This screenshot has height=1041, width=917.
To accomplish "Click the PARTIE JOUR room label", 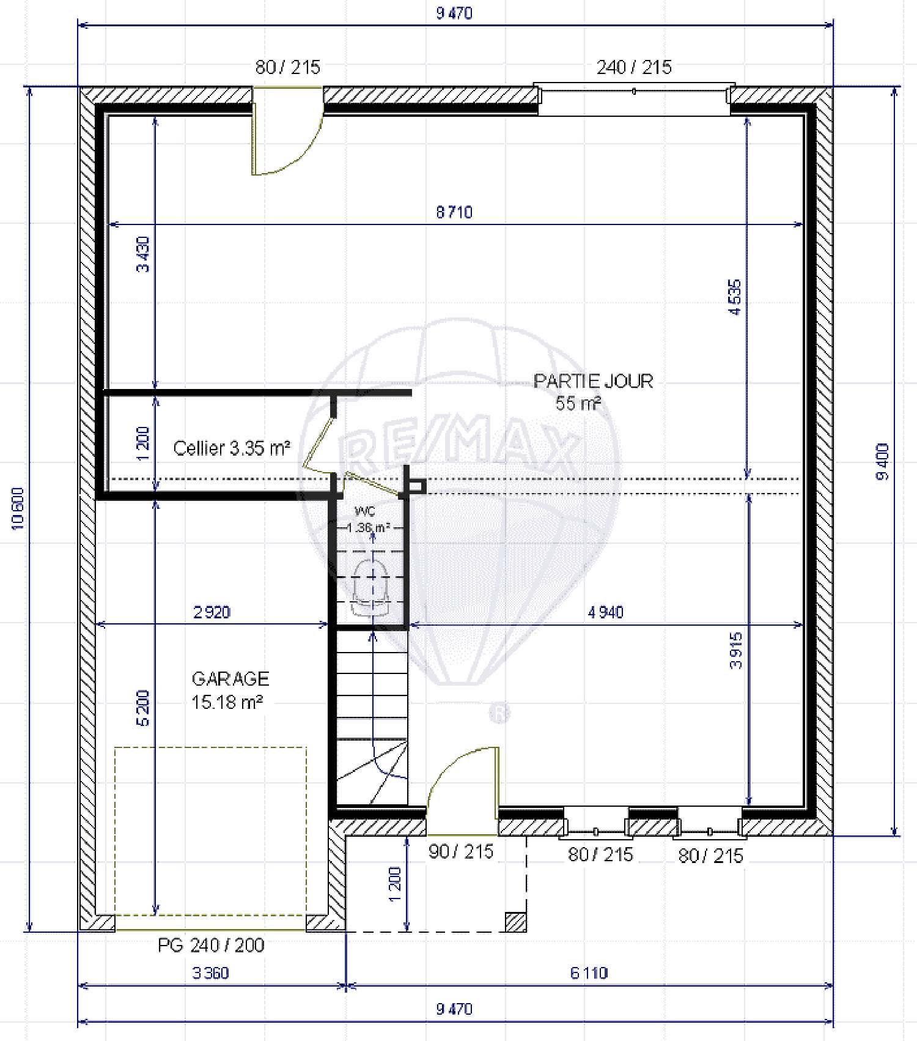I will tap(593, 381).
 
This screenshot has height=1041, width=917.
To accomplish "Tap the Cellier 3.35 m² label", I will tap(231, 448).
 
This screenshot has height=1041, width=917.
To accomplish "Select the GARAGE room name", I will tap(230, 678).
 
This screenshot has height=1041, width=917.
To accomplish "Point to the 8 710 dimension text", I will tap(454, 212).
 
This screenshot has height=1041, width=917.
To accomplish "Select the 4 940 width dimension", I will tap(605, 612).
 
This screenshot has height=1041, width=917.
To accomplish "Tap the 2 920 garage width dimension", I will tap(212, 612).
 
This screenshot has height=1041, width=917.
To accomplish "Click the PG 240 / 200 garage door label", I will tap(211, 946).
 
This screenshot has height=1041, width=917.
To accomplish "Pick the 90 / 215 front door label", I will tap(460, 851).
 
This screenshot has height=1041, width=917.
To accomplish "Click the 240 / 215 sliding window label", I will tap(634, 67).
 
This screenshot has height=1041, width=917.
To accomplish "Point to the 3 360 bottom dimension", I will tap(210, 973).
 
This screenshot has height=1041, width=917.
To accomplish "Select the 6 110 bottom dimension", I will tap(589, 973).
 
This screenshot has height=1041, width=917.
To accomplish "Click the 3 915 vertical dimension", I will tap(736, 651).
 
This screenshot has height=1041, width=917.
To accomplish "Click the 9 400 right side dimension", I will tap(882, 462).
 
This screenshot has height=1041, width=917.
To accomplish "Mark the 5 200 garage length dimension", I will tap(142, 708).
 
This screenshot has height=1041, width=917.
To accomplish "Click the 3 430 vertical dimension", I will tap(142, 254).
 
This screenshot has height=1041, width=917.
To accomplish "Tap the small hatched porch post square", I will tap(515, 922).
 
